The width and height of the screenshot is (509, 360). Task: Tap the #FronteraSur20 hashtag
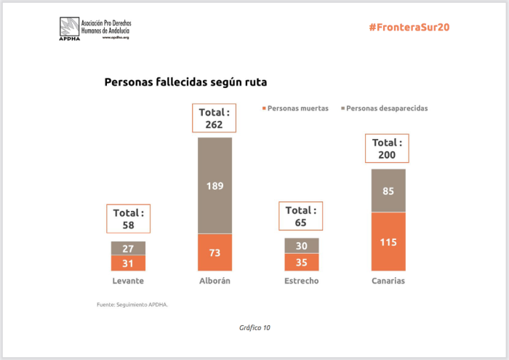pyautogui.click(x=409, y=27)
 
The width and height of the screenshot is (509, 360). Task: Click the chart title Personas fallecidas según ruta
pyautogui.click(x=185, y=82)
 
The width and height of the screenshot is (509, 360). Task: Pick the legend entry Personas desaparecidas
pyautogui.click(x=386, y=108)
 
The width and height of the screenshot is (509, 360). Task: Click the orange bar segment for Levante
pyautogui.click(x=128, y=263)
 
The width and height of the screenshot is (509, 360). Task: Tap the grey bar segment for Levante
pyautogui.click(x=128, y=248)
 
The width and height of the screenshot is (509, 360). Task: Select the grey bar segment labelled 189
pyautogui.click(x=215, y=185)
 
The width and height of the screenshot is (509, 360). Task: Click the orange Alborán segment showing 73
pyautogui.click(x=215, y=252)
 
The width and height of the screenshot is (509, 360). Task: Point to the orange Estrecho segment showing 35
pyautogui.click(x=302, y=262)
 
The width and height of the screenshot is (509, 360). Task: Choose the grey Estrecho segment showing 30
pyautogui.click(x=302, y=246)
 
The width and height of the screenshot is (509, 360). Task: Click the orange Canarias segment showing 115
pyautogui.click(x=388, y=241)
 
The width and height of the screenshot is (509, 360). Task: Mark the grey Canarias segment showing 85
pyautogui.click(x=388, y=191)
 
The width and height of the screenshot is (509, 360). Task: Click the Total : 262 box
pyautogui.click(x=215, y=119)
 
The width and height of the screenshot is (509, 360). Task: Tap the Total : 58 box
pyautogui.click(x=128, y=219)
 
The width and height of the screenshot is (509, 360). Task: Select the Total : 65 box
pyautogui.click(x=302, y=216)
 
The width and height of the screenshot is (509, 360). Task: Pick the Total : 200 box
pyautogui.click(x=388, y=149)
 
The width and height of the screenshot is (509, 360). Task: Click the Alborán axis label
pyautogui.click(x=215, y=281)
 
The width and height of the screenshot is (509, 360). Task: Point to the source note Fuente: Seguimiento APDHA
pyautogui.click(x=132, y=304)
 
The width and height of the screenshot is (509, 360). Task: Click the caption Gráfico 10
pyautogui.click(x=254, y=328)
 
